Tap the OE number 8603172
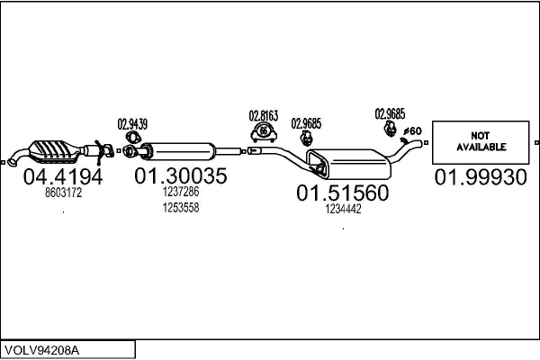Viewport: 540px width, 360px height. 62,192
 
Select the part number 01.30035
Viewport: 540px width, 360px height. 180,175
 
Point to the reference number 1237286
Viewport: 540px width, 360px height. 180,192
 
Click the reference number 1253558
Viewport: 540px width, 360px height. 180,207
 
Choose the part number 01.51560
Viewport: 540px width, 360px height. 343,193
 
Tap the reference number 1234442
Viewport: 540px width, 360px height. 343,209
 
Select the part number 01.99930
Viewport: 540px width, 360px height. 481,177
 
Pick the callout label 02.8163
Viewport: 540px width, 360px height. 264,115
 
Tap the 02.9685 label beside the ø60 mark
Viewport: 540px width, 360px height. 390,113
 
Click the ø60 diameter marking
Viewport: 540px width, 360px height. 413,131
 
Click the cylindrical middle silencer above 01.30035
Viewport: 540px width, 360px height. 180,150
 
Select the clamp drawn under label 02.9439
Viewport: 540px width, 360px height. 130,139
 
